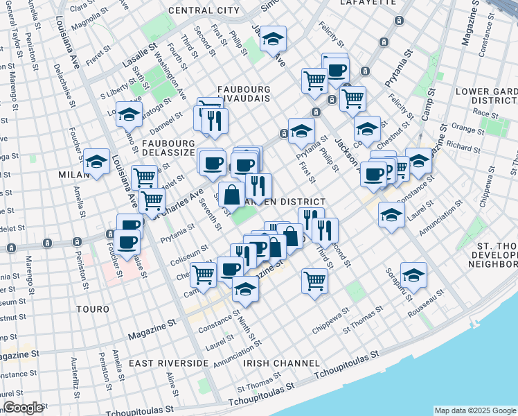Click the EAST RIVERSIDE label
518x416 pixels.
(x=168, y=363)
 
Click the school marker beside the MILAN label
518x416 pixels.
(x=97, y=162)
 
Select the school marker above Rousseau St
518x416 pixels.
(x=413, y=276)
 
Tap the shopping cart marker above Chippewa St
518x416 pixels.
(x=314, y=281)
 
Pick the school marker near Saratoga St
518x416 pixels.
(x=129, y=114)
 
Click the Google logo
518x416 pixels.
(x=23, y=408)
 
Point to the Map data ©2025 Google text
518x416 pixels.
(x=475, y=410)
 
